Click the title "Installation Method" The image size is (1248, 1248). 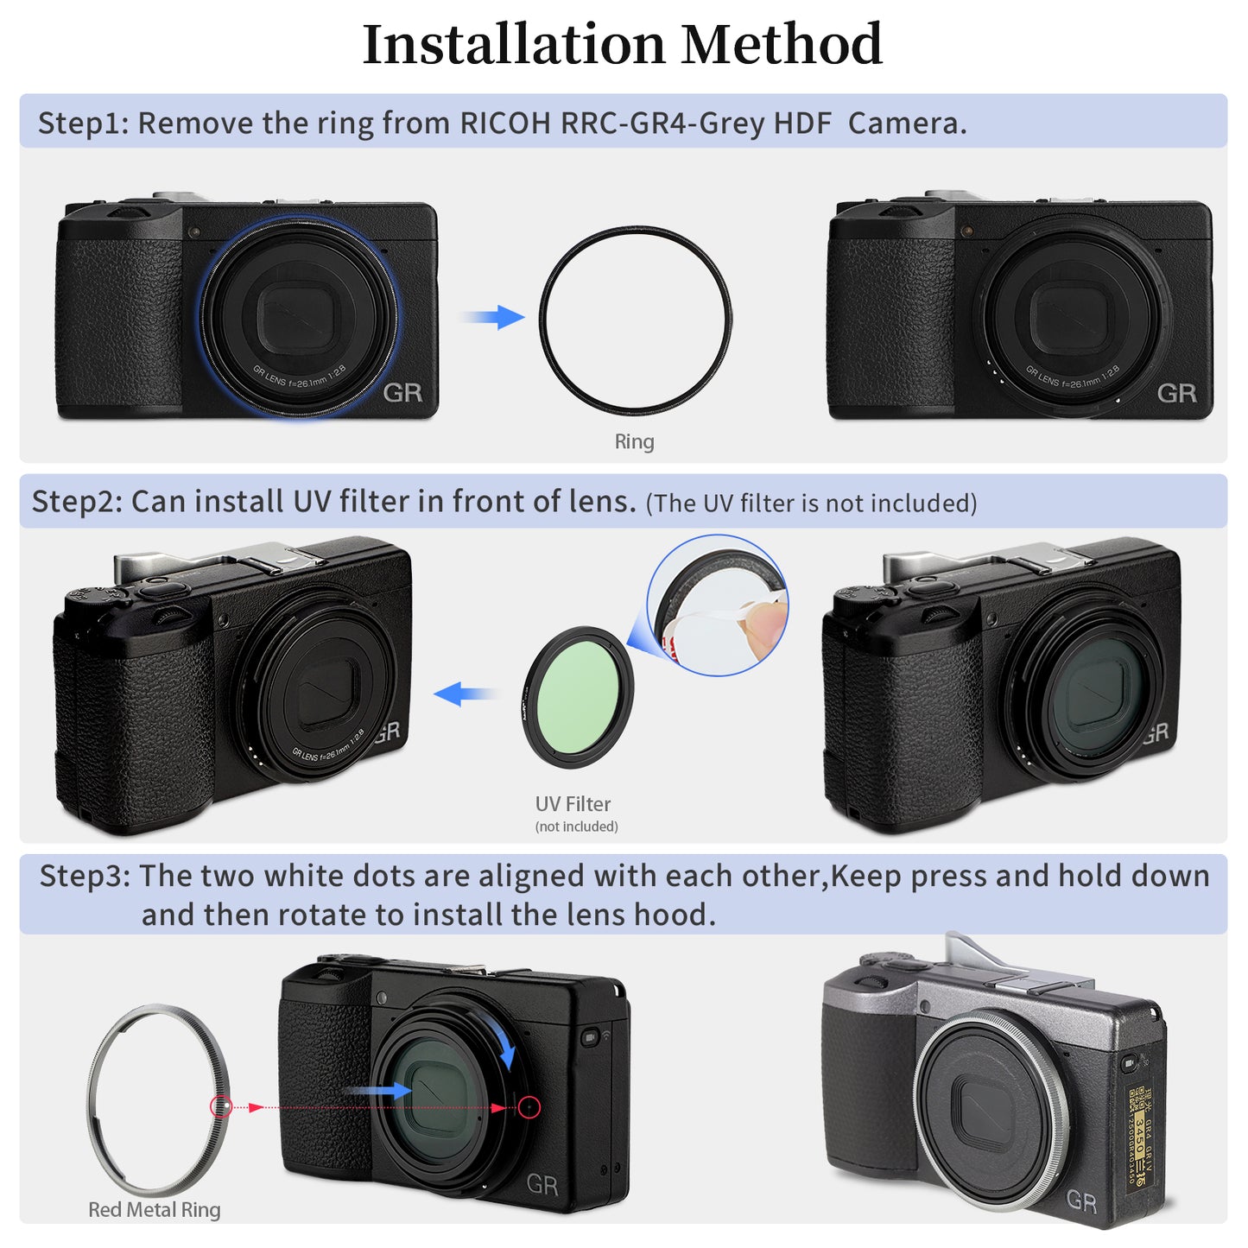622,45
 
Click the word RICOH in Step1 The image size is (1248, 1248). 504,124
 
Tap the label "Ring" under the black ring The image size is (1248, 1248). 634,441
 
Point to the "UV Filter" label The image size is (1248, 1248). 573,804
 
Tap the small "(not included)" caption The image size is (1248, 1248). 576,827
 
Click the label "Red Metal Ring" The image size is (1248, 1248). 154,1210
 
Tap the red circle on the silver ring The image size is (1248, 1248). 221,1106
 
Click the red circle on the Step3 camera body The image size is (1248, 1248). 529,1107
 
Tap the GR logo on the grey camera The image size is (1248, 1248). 1081,1200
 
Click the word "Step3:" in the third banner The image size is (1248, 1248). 85,876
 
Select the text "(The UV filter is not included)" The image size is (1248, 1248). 811,504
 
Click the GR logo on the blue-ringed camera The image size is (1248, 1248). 402,393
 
